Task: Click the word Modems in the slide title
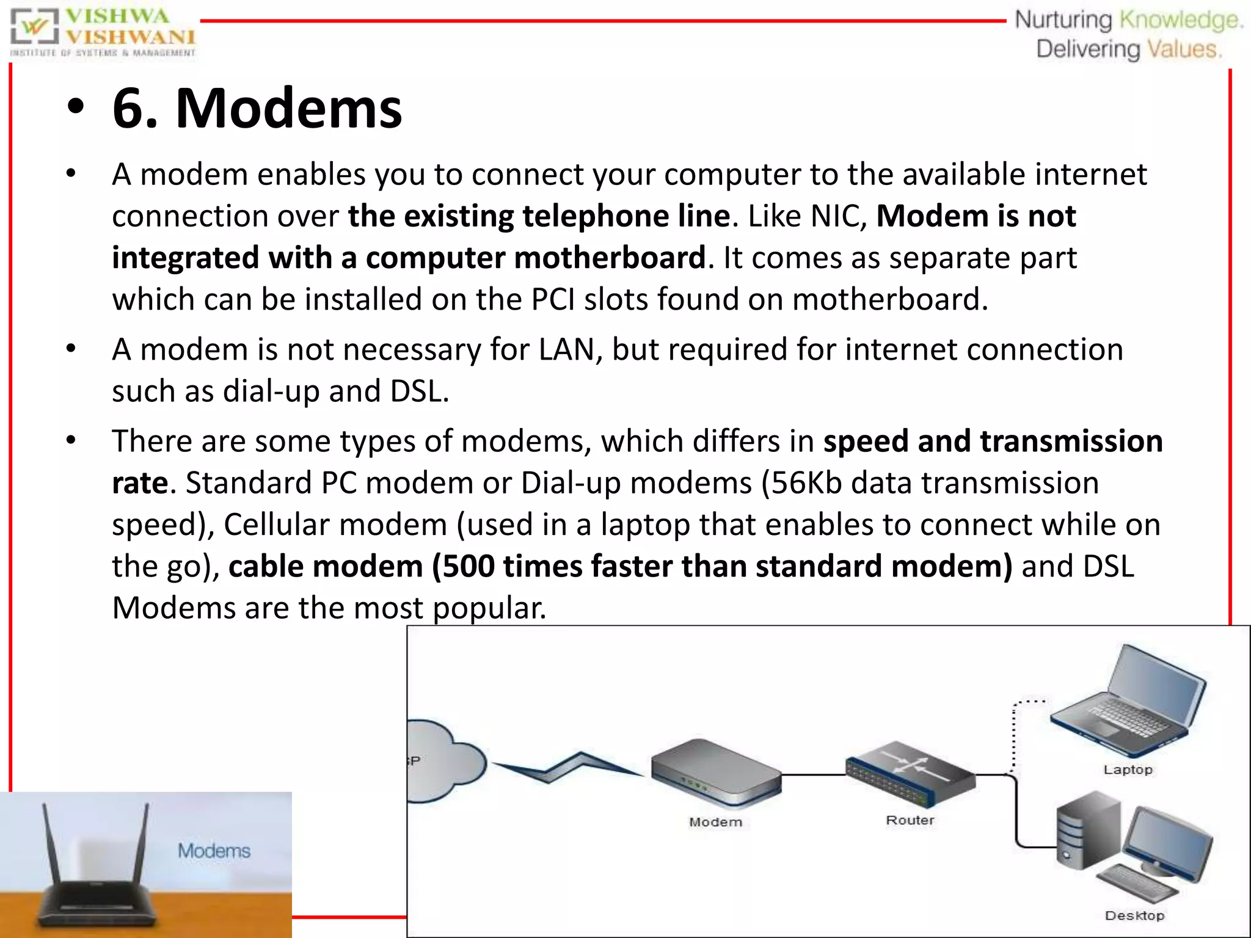[288, 109]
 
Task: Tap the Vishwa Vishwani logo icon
[35, 27]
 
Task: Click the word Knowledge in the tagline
[1181, 20]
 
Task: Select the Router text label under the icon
[910, 820]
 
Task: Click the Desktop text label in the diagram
[1134, 915]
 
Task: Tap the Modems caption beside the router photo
[214, 851]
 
